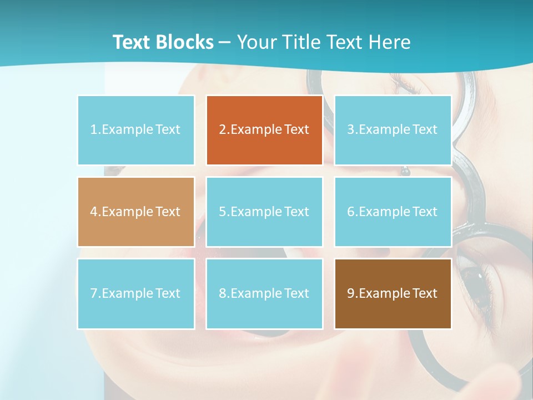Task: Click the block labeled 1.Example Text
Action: point(135,130)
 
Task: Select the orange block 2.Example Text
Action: point(264,130)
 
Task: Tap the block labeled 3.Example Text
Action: point(393,130)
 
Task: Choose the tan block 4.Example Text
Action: point(135,212)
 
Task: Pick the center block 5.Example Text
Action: point(264,212)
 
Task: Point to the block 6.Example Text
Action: point(393,212)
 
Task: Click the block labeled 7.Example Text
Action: point(135,293)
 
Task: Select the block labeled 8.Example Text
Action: point(264,293)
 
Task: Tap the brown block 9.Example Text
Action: point(393,293)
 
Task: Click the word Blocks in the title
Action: point(185,42)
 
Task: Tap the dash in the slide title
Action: point(225,42)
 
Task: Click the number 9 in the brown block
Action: point(350,293)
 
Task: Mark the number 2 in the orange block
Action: point(222,130)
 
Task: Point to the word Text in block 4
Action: point(168,212)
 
